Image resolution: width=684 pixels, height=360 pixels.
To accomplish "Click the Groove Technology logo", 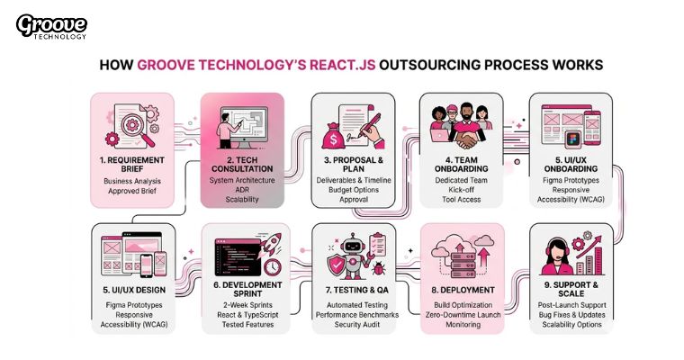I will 51,26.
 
